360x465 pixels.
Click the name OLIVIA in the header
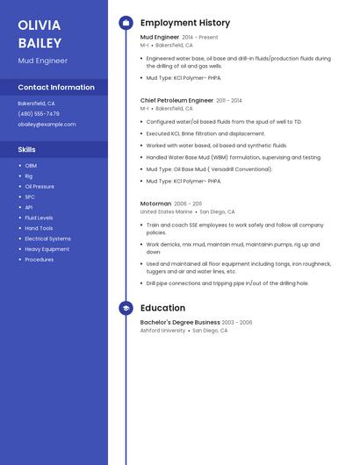point(40,25)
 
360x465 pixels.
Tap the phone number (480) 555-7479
point(39,114)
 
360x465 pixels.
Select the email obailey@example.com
point(47,125)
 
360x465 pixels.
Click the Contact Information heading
point(56,88)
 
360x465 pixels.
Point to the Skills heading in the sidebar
point(27,150)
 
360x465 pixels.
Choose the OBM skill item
point(31,166)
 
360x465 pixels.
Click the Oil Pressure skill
point(40,187)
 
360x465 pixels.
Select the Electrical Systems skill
point(47,239)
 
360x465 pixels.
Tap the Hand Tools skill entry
point(39,228)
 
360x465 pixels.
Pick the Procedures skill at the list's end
point(39,260)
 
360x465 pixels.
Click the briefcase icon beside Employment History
point(126,23)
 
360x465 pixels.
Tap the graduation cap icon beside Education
point(126,308)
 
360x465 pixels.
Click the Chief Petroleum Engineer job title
point(176,101)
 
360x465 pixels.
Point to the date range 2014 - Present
point(200,38)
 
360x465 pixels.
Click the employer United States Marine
point(166,211)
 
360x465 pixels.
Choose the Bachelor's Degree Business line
point(180,323)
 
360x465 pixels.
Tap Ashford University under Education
point(163,331)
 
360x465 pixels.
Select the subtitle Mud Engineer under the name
point(42,61)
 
